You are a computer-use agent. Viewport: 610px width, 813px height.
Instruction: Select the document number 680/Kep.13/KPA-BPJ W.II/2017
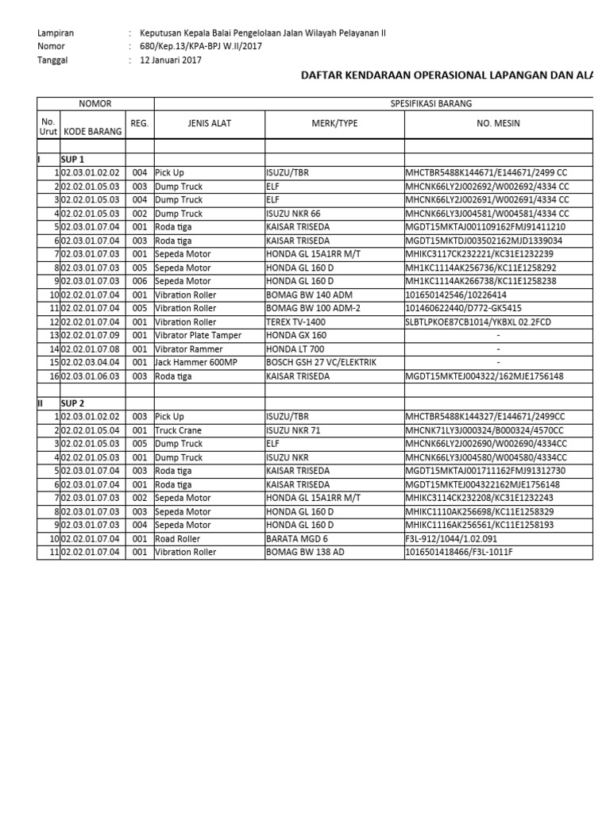[200, 46]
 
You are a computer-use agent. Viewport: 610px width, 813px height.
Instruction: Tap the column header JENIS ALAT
[208, 124]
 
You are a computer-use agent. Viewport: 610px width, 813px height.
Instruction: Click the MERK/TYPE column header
[334, 124]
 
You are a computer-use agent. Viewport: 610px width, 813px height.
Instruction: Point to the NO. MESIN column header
[498, 124]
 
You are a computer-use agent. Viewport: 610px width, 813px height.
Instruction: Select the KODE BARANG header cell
[93, 131]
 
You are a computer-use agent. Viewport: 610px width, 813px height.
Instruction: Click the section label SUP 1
[73, 160]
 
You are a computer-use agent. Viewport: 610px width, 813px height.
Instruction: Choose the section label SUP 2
[73, 403]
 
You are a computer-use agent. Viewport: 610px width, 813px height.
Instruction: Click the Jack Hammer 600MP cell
[195, 362]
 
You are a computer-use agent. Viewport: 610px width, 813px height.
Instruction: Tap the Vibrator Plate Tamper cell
[198, 335]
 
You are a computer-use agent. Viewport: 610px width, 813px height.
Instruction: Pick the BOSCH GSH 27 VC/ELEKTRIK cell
[321, 362]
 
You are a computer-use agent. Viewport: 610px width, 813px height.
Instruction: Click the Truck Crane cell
[179, 430]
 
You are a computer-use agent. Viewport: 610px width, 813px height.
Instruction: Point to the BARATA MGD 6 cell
[298, 538]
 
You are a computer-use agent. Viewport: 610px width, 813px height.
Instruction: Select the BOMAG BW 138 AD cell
[305, 552]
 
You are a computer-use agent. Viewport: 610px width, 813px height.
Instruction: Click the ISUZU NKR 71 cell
[294, 430]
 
